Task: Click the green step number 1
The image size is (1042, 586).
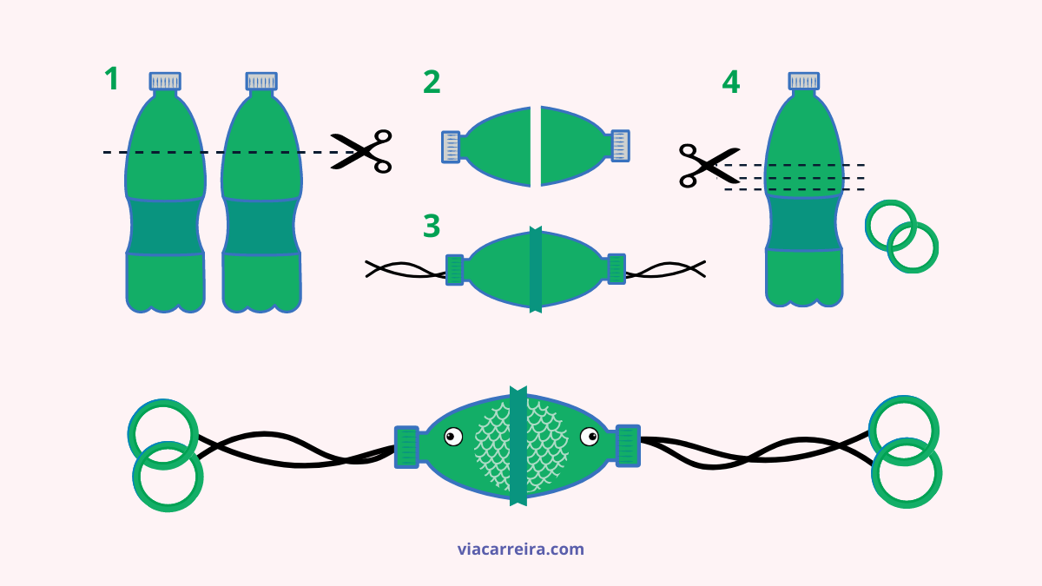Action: click(112, 79)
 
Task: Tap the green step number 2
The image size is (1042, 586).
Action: click(432, 82)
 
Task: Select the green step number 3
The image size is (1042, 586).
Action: click(432, 226)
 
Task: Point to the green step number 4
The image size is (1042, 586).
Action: click(731, 82)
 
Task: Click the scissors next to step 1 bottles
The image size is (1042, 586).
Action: click(361, 151)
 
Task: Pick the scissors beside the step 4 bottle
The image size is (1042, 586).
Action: click(709, 166)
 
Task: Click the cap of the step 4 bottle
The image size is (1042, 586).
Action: click(804, 81)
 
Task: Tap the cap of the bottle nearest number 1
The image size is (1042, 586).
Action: click(165, 81)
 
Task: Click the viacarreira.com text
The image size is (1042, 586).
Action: click(520, 550)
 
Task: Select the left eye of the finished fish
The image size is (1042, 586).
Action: click(453, 437)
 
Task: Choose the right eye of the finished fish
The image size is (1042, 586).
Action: click(590, 437)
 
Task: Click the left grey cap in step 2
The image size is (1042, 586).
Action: click(451, 147)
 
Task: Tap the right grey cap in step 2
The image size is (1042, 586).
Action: click(621, 146)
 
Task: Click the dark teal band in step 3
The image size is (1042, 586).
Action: click(536, 269)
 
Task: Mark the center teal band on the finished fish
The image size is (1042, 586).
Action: click(518, 445)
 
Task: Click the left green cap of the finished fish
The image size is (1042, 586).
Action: click(406, 446)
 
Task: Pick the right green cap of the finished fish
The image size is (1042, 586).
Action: click(628, 445)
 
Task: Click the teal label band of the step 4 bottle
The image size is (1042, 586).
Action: click(804, 223)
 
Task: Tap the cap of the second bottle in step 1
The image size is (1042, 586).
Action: click(261, 81)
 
